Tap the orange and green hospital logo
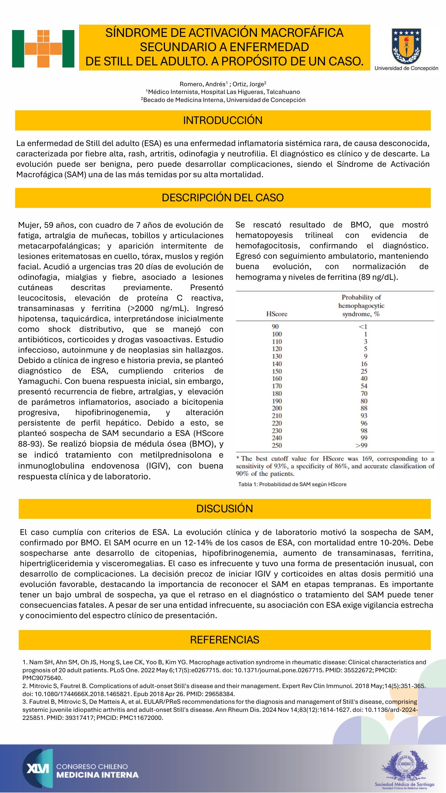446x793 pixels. click(x=43, y=49)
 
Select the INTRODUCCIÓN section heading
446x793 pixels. click(x=223, y=120)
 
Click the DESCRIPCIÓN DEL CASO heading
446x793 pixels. click(x=223, y=198)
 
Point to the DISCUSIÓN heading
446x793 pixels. click(x=224, y=508)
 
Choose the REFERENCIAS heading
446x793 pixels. click(x=224, y=640)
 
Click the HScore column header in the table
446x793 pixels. click(x=277, y=314)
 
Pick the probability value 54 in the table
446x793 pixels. click(x=364, y=386)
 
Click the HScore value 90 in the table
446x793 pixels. click(x=275, y=326)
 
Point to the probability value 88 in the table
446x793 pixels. click(x=364, y=408)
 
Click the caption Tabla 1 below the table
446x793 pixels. click(x=292, y=484)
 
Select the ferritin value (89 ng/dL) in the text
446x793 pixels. click(x=378, y=277)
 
